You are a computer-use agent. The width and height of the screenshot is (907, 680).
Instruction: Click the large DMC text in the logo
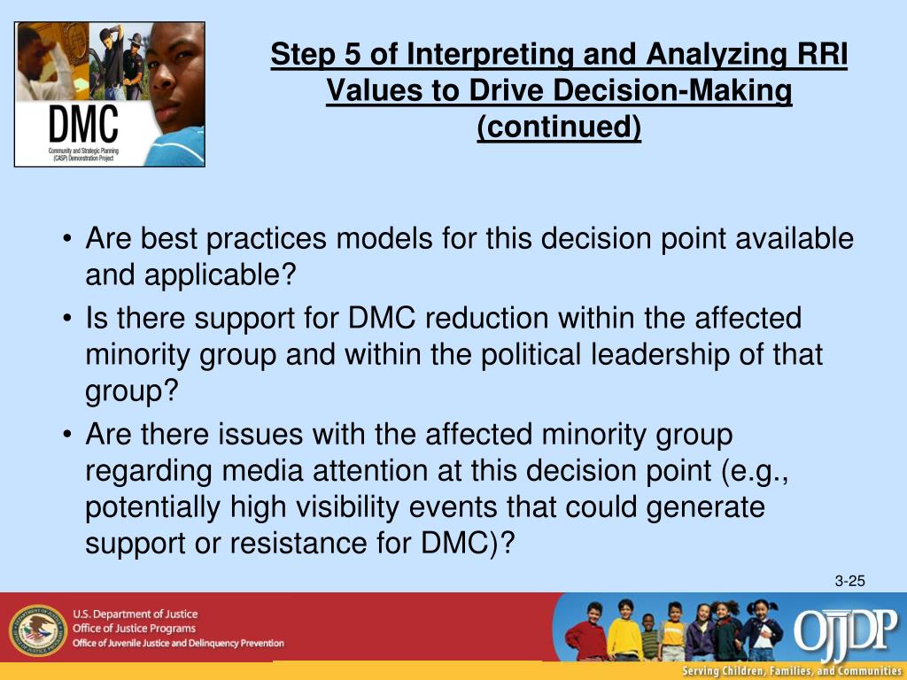[x=83, y=124]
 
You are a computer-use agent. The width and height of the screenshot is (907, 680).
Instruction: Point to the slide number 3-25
[x=849, y=581]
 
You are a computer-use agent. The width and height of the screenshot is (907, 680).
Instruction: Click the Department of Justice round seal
[x=38, y=630]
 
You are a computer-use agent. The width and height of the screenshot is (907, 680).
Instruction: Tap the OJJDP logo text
[x=845, y=630]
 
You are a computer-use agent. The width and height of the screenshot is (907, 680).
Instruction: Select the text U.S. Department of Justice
[x=135, y=614]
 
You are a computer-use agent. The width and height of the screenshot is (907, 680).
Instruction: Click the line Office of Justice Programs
[x=134, y=629]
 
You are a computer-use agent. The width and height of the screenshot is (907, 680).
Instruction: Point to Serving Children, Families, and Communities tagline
[x=791, y=671]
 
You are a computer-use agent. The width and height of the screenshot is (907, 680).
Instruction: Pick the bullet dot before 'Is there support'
[x=68, y=319]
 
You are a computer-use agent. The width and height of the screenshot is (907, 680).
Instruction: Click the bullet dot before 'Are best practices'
[x=68, y=239]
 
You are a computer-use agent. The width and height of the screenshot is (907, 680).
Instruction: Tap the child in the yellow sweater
[x=624, y=630]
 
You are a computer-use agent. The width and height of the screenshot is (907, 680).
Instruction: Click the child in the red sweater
[x=587, y=632]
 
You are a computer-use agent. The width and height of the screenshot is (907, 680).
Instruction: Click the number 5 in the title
[x=353, y=54]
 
